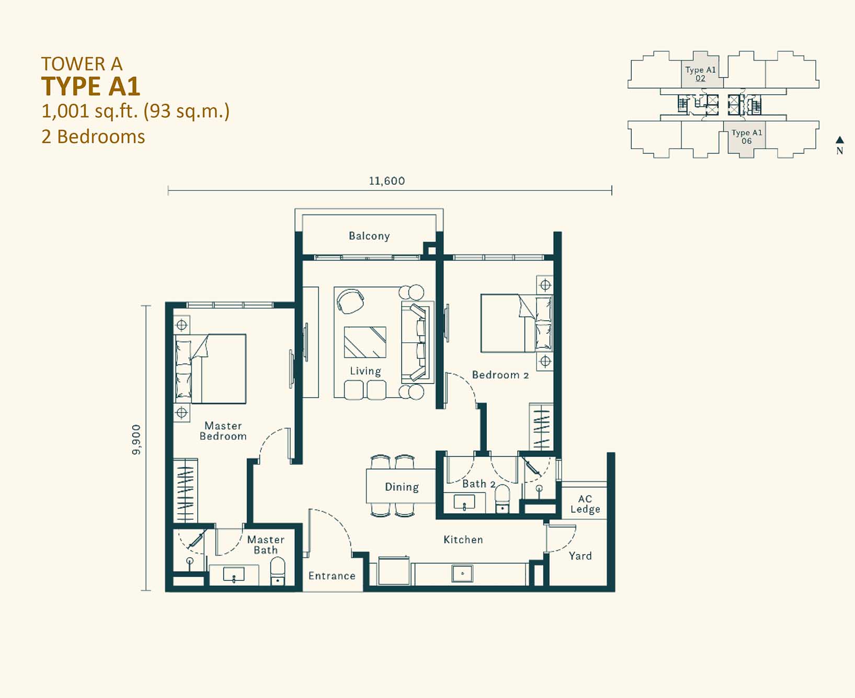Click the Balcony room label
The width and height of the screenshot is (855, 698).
(369, 236)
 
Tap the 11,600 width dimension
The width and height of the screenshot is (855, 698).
(387, 181)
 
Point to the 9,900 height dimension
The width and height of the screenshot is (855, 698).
(136, 440)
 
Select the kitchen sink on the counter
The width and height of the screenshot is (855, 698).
(462, 573)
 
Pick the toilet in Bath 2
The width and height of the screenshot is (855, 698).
(502, 499)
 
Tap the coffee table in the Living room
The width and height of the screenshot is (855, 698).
(365, 342)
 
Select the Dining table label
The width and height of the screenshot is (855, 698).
(402, 487)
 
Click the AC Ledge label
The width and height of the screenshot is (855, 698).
(585, 504)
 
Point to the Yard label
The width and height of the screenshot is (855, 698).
(580, 556)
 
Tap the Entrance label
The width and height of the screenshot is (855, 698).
(332, 576)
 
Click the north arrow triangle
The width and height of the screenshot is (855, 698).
(840, 140)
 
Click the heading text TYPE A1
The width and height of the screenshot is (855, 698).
(91, 86)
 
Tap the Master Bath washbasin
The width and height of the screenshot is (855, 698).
(233, 575)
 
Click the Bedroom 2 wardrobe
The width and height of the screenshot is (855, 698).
(541, 427)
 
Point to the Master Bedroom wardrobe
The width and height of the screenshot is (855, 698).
(185, 490)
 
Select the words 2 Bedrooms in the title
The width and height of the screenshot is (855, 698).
(93, 137)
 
